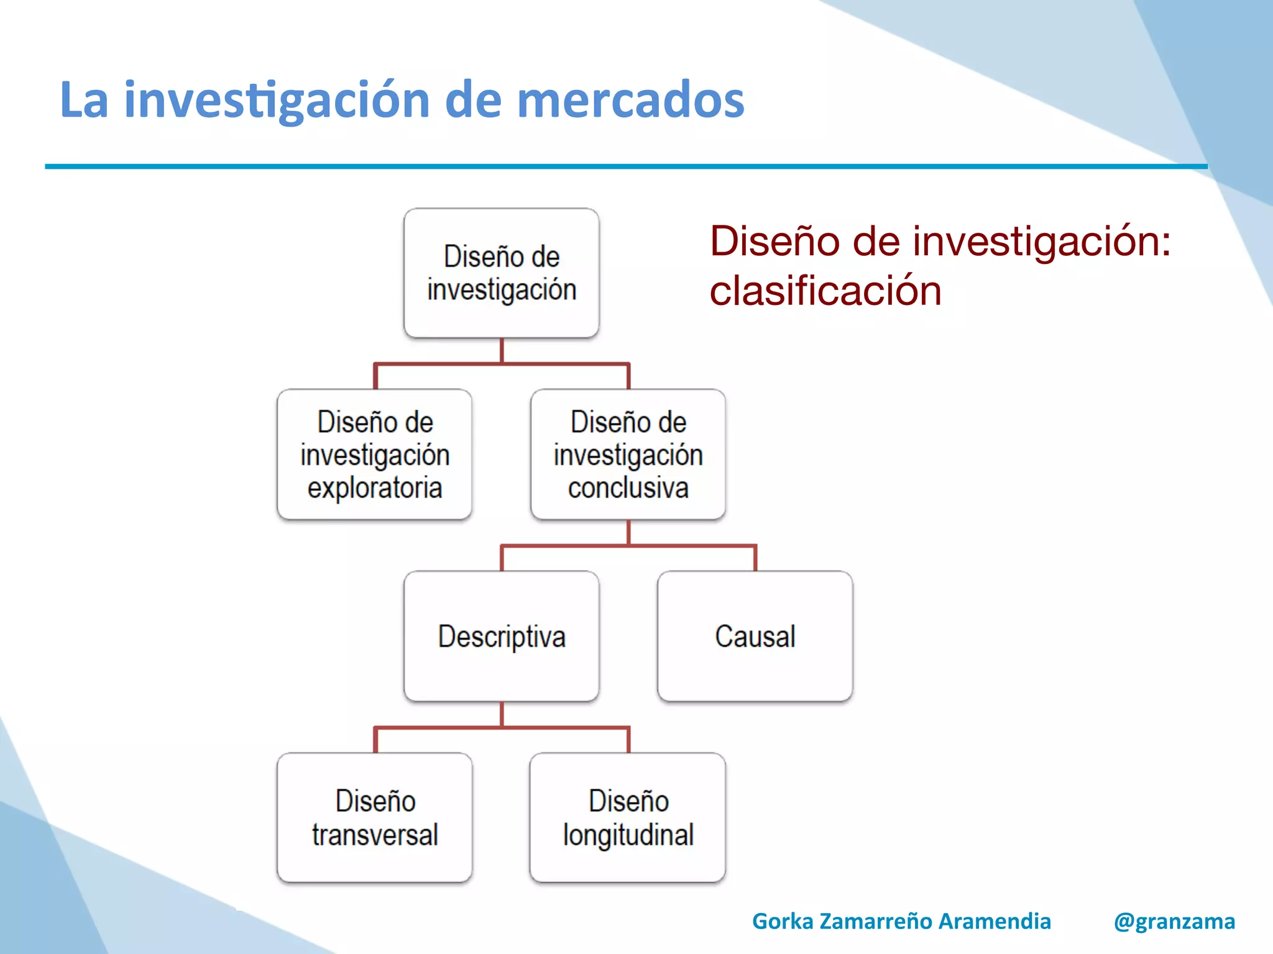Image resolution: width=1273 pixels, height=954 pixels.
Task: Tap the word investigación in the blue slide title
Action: point(277,101)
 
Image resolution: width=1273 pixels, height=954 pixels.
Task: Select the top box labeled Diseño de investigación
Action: point(501,273)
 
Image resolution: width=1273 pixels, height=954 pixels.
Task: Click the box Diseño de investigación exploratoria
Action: point(374,455)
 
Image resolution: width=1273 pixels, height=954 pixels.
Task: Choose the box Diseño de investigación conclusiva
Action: point(628,455)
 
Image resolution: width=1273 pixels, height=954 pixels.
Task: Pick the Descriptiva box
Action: point(501,637)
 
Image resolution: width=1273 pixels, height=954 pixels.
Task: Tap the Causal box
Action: point(755,637)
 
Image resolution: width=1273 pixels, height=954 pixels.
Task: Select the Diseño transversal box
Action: point(374,817)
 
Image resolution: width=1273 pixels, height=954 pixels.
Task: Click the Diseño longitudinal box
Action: point(628,817)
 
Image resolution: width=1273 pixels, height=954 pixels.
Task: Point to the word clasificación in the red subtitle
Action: point(825,291)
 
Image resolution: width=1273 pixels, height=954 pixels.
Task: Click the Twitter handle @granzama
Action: point(1174,921)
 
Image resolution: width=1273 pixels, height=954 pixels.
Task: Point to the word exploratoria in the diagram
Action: point(374,488)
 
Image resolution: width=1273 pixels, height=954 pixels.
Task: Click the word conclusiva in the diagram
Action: point(628,488)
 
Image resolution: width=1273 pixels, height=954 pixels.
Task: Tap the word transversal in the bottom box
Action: point(375,835)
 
